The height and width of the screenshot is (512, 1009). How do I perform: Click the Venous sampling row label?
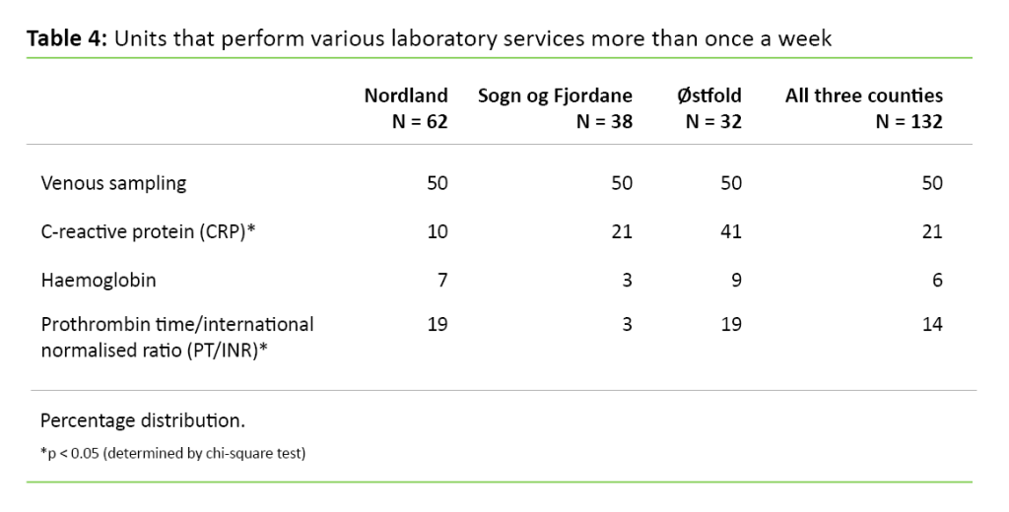pos(113,183)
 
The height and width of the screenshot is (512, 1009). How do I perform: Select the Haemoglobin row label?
pos(99,281)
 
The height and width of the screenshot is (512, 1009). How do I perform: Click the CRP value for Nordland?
pos(437,231)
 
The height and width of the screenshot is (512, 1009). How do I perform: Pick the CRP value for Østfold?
pos(731,231)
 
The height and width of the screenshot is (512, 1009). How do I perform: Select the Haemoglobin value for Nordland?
pos(442,281)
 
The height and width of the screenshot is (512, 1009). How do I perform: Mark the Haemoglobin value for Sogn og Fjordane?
pos(627,281)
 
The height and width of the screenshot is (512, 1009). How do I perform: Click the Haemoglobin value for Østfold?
pos(736,281)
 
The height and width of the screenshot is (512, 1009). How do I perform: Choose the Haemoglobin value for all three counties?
pos(937,281)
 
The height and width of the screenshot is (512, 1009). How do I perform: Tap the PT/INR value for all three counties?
pos(932,324)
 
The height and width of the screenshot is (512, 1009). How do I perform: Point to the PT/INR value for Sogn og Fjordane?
pos(627,324)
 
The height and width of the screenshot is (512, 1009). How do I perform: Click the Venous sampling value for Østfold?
pos(731,183)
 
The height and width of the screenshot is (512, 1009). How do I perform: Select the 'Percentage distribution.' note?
pos(143,420)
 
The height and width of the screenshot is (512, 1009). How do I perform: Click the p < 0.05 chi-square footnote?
pos(172,454)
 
